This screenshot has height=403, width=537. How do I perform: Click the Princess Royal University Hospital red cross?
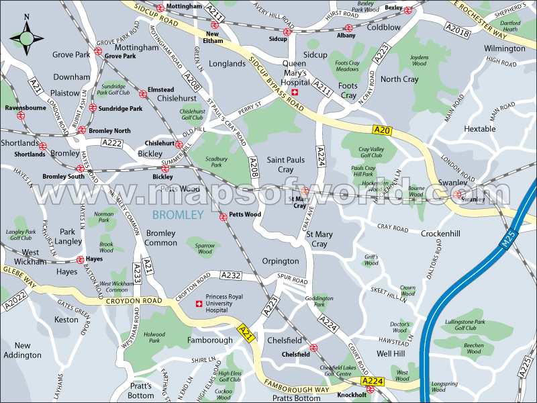pos(198,305)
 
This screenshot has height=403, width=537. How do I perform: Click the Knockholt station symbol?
pos(369,389)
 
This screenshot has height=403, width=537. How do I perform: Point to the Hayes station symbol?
pos(80,259)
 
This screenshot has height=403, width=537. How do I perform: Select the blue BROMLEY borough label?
pos(178,215)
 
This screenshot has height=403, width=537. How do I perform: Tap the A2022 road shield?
pos(14,304)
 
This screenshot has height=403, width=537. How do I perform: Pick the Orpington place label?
pos(281,261)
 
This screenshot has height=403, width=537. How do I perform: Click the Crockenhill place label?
pos(440,233)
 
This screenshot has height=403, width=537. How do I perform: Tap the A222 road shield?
pos(112,143)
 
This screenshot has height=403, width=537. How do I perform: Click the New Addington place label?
pos(22,349)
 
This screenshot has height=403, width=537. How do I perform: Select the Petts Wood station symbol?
pos(224,217)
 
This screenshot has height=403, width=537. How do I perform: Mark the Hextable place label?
pos(480,129)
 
